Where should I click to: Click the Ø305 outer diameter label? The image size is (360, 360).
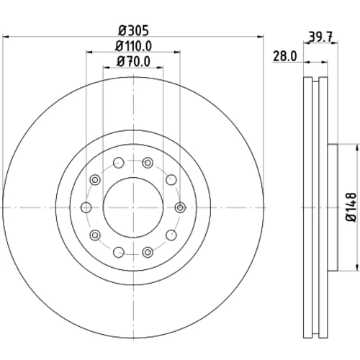(134, 30)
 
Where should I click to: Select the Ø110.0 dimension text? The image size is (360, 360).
(133, 46)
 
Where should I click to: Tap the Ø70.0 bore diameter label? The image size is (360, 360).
(133, 61)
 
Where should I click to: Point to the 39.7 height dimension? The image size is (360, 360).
(320, 37)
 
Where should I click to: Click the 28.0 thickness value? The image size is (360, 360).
(285, 56)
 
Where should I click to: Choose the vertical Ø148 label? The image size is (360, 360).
(351, 207)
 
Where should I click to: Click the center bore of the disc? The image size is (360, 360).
(133, 207)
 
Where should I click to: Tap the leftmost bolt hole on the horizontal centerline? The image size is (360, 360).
(86, 207)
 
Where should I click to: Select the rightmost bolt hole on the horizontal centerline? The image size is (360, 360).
(180, 207)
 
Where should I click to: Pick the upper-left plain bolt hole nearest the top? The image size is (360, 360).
(119, 163)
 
